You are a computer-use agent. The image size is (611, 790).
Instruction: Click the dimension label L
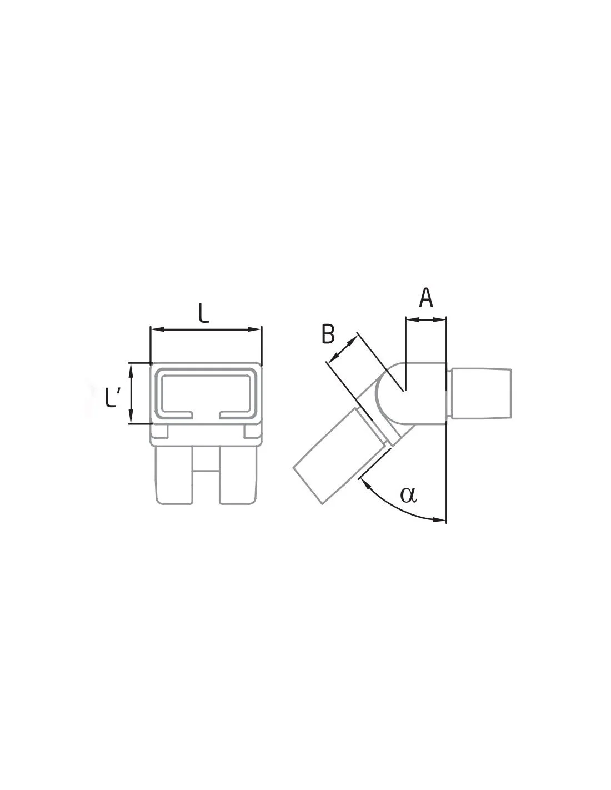[204, 313]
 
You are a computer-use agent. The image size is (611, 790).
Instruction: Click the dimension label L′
[112, 397]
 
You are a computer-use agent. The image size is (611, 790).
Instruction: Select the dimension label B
[328, 334]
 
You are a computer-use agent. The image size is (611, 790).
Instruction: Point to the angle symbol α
[408, 495]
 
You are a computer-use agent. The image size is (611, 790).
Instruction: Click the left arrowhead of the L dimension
[155, 329]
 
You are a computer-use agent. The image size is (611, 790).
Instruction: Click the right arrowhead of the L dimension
[257, 329]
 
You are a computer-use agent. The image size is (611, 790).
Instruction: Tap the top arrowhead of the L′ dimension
[132, 368]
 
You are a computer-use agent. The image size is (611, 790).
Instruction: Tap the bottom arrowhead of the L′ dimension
[132, 418]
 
